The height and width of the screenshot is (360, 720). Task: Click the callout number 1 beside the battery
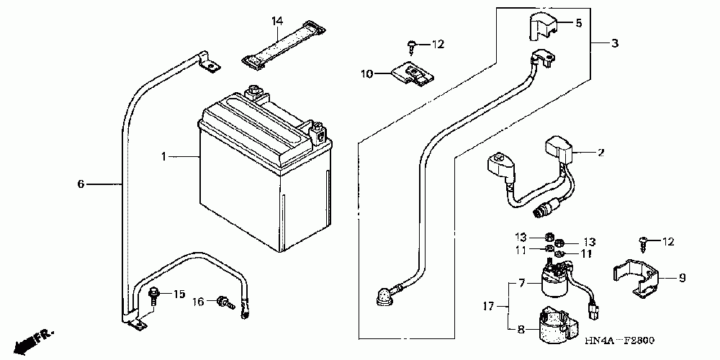164,156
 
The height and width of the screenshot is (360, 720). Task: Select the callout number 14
275,22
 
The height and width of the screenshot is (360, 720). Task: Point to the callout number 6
81,184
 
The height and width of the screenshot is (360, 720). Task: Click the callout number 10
366,73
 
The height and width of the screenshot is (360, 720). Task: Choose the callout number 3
614,44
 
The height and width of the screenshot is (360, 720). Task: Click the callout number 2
599,153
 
